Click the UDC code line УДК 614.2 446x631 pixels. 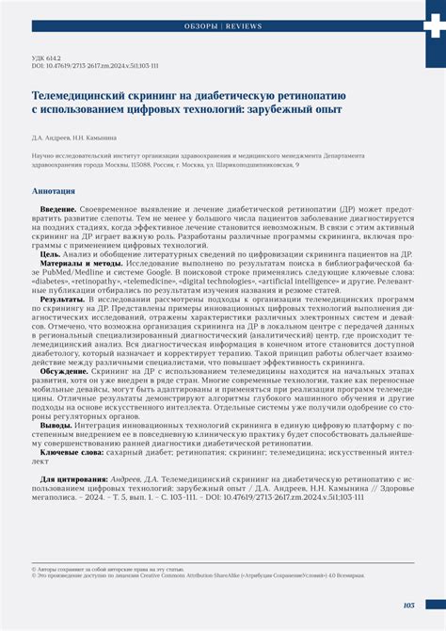[49, 58]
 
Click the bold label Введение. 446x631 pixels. [58, 207]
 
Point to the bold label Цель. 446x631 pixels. [50, 254]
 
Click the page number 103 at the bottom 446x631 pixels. [408, 606]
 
